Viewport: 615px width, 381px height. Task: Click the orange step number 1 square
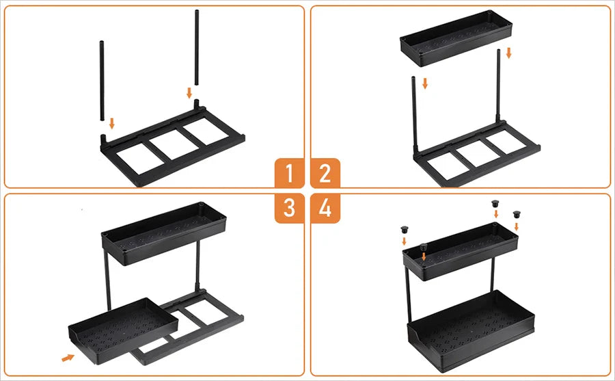click(289, 173)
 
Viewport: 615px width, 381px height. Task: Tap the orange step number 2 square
click(325, 173)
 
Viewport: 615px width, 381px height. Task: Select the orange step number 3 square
click(289, 208)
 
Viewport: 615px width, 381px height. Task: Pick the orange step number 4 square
click(325, 208)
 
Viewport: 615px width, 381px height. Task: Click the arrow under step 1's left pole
click(112, 124)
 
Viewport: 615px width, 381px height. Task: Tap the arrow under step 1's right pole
click(189, 92)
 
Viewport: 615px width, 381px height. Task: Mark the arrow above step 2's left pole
click(426, 83)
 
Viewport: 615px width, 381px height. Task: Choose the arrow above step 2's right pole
click(508, 52)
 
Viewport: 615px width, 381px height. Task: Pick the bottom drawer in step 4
click(471, 328)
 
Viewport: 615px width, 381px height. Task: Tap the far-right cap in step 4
click(517, 215)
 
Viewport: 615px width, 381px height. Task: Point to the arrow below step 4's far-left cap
click(404, 241)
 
